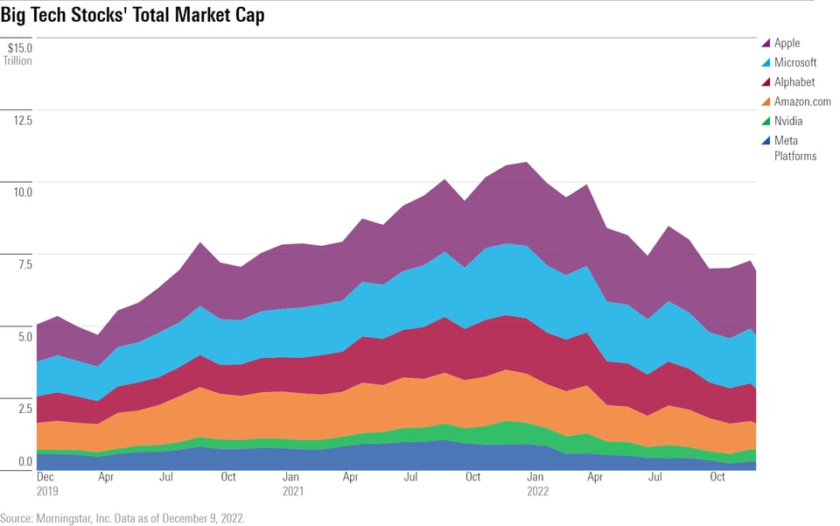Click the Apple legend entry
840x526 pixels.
click(x=787, y=43)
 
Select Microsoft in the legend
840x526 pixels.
click(x=794, y=62)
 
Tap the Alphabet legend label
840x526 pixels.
click(x=794, y=82)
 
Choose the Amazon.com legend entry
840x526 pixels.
click(x=802, y=102)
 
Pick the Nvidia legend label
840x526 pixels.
click(x=787, y=122)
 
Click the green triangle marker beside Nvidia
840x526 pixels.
click(x=766, y=122)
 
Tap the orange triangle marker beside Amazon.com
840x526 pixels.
click(x=766, y=102)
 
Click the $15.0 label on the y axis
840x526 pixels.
click(x=19, y=48)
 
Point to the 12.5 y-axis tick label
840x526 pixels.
click(x=21, y=120)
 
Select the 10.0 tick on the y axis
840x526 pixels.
click(x=21, y=192)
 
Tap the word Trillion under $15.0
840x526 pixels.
click(x=17, y=61)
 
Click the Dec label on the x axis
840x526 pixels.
click(x=45, y=478)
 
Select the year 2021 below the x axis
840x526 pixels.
click(x=292, y=492)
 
